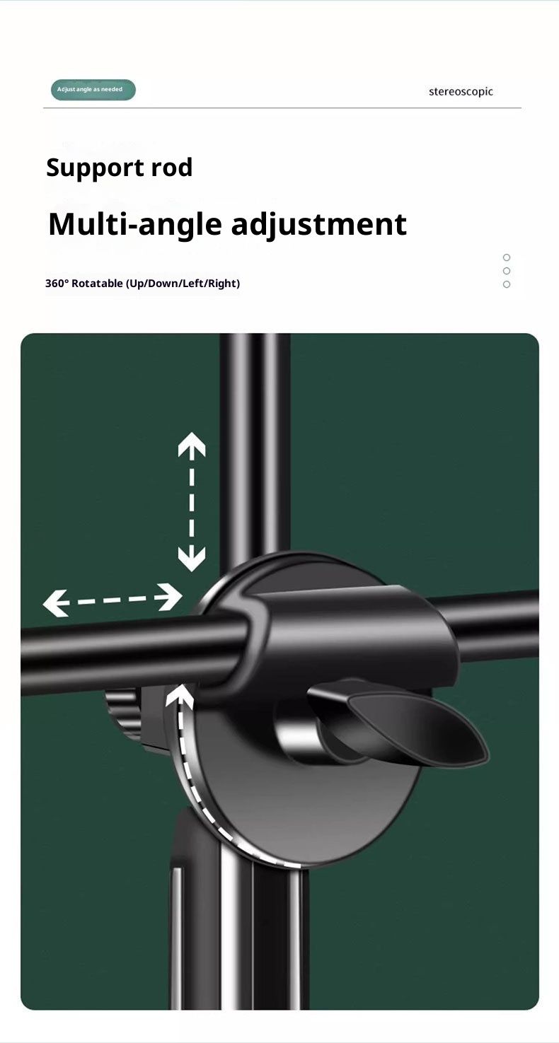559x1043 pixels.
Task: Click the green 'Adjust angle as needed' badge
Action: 93,89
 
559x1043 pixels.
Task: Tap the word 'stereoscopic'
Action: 461,92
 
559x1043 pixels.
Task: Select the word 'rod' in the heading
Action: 172,167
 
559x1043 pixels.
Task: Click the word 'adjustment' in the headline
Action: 319,224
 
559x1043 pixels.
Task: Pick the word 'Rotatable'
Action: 98,283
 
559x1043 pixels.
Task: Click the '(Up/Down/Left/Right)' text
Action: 183,284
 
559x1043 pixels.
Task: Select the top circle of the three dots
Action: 507,257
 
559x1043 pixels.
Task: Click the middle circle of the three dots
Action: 507,271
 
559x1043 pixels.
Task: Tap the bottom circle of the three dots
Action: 507,284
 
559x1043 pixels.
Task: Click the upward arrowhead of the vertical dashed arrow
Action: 192,445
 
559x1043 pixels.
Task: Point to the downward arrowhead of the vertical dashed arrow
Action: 192,559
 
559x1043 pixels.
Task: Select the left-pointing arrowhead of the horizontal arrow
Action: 57,603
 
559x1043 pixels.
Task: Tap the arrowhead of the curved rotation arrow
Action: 180,697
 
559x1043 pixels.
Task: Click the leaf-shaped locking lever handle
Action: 415,726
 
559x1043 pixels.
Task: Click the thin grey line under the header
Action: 282,108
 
